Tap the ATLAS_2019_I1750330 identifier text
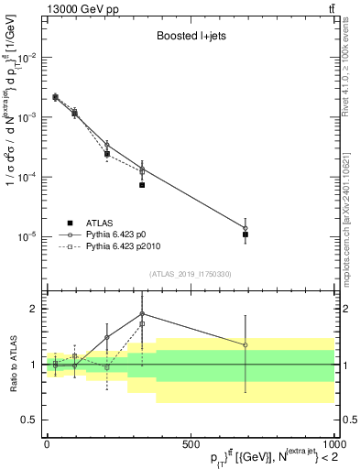[x=190, y=274]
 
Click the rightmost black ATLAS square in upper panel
[x=245, y=234]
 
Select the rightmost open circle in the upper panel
[x=245, y=228]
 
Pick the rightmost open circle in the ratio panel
[x=245, y=345]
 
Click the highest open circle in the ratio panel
[x=142, y=313]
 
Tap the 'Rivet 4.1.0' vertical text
[x=351, y=92]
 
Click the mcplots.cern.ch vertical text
[x=351, y=211]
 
